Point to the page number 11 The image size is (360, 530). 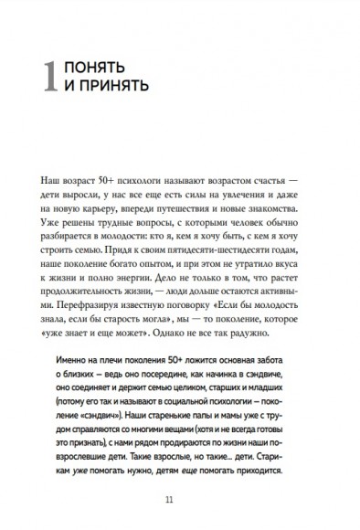(180, 498)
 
